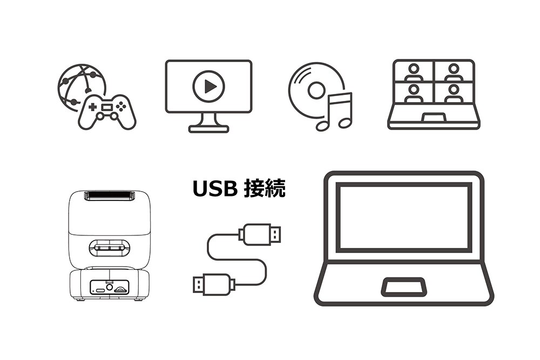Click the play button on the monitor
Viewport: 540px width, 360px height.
(x=208, y=86)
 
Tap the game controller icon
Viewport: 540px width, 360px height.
(x=107, y=112)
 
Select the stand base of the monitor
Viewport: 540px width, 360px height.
(x=208, y=129)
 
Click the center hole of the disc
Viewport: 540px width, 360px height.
(x=316, y=91)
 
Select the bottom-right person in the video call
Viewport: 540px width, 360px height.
(x=453, y=93)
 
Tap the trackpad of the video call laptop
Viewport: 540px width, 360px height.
(x=434, y=117)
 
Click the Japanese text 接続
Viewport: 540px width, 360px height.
(x=265, y=188)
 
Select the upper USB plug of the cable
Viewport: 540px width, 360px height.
(x=260, y=234)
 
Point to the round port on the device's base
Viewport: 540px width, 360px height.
(x=110, y=287)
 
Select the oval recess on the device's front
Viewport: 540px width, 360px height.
(x=110, y=248)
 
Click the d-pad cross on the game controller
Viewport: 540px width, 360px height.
(x=93, y=107)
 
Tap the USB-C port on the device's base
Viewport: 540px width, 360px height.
(x=100, y=290)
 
